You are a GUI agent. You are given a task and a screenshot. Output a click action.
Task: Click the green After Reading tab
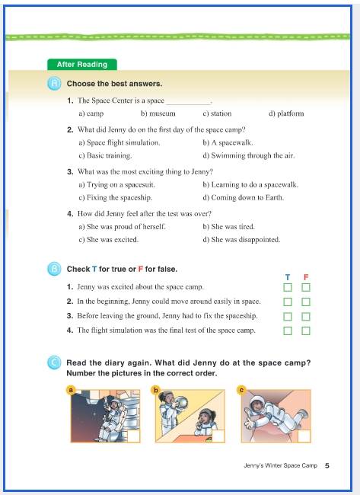(x=82, y=65)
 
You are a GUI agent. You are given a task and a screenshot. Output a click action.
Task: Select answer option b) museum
(x=158, y=113)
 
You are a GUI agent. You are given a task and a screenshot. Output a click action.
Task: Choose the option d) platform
(x=286, y=113)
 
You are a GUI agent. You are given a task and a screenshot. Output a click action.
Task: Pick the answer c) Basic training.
(x=105, y=155)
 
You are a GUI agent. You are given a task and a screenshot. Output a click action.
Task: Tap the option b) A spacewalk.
(x=228, y=142)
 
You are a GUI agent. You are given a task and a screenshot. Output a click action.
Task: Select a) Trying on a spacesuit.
(x=116, y=185)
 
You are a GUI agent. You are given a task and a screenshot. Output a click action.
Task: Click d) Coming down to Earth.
(x=244, y=198)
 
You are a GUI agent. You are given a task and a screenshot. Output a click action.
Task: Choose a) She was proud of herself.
(x=122, y=227)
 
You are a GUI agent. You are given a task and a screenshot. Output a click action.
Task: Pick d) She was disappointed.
(x=241, y=240)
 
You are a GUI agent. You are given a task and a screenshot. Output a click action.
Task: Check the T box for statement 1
(x=288, y=287)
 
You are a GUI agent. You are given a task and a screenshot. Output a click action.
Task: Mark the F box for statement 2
(x=306, y=302)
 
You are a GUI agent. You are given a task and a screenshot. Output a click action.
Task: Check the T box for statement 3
(x=288, y=316)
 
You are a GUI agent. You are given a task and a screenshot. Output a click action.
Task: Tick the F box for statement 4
(x=306, y=331)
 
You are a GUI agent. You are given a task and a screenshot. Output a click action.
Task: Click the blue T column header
(x=288, y=277)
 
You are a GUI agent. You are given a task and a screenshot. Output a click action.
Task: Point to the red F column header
(x=306, y=277)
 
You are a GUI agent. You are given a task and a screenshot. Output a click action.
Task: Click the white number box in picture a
(x=134, y=436)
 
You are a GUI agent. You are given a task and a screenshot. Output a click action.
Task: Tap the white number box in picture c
(x=304, y=436)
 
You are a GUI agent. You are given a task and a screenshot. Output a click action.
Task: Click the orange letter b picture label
(x=155, y=390)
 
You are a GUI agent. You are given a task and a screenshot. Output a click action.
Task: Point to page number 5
(x=327, y=465)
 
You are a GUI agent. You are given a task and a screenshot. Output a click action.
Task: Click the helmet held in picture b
(x=181, y=404)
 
